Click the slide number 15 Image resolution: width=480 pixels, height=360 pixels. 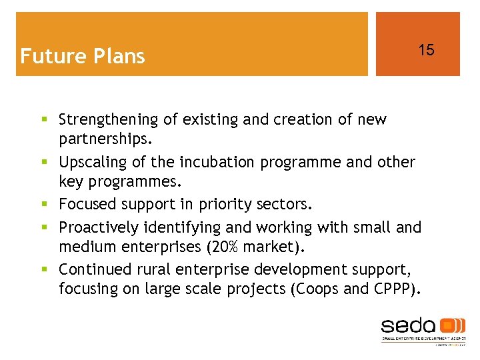[x=426, y=50]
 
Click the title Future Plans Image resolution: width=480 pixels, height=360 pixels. [x=83, y=56]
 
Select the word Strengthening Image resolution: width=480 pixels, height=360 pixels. [x=109, y=120]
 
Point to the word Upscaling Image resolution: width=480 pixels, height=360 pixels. [x=91, y=162]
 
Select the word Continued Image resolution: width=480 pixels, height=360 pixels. [x=91, y=269]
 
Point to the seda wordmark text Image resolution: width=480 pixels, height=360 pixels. [x=408, y=326]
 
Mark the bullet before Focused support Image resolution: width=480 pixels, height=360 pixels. [x=45, y=205]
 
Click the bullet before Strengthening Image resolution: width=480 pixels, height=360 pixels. [x=45, y=120]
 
